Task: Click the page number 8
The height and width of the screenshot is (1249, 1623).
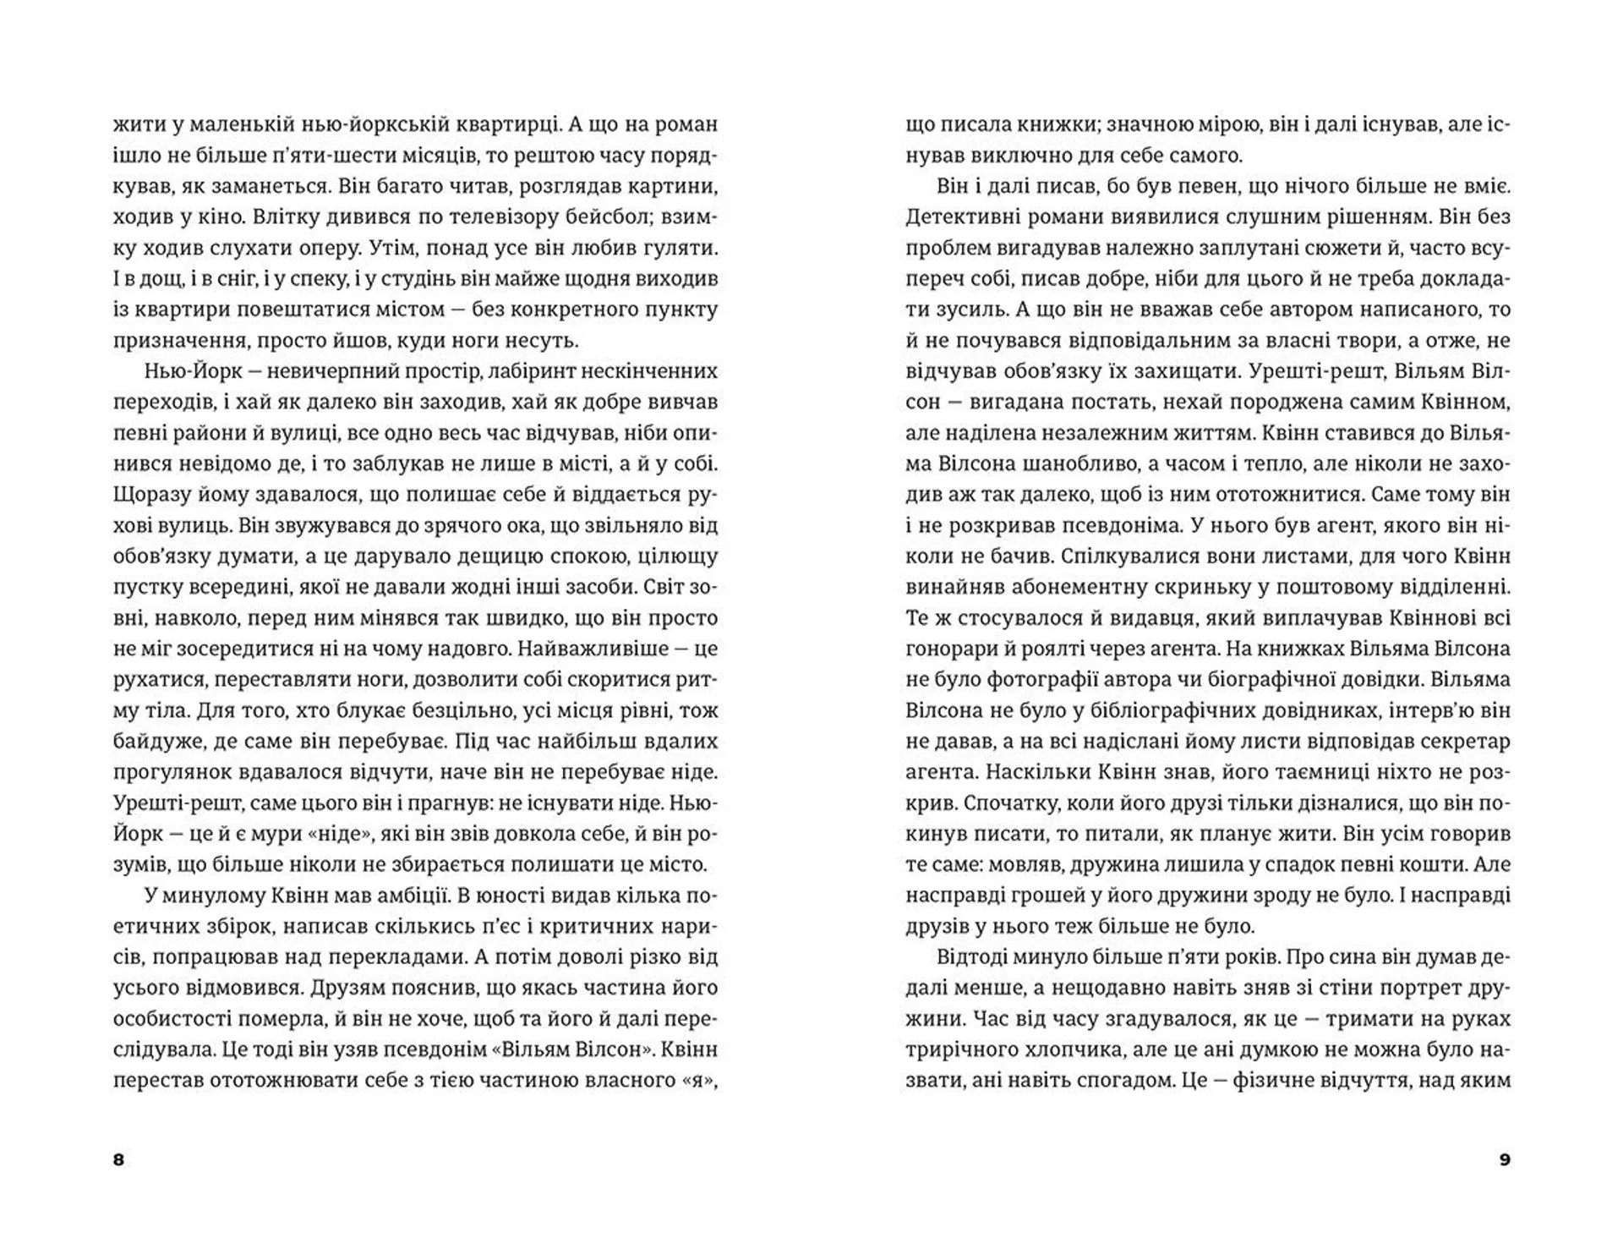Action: point(118,1159)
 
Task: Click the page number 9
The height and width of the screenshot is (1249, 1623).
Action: point(1505,1159)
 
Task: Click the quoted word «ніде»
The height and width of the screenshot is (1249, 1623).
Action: point(353,834)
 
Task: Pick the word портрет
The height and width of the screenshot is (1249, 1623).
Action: point(1412,989)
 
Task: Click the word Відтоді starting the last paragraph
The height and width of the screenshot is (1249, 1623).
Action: point(975,957)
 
